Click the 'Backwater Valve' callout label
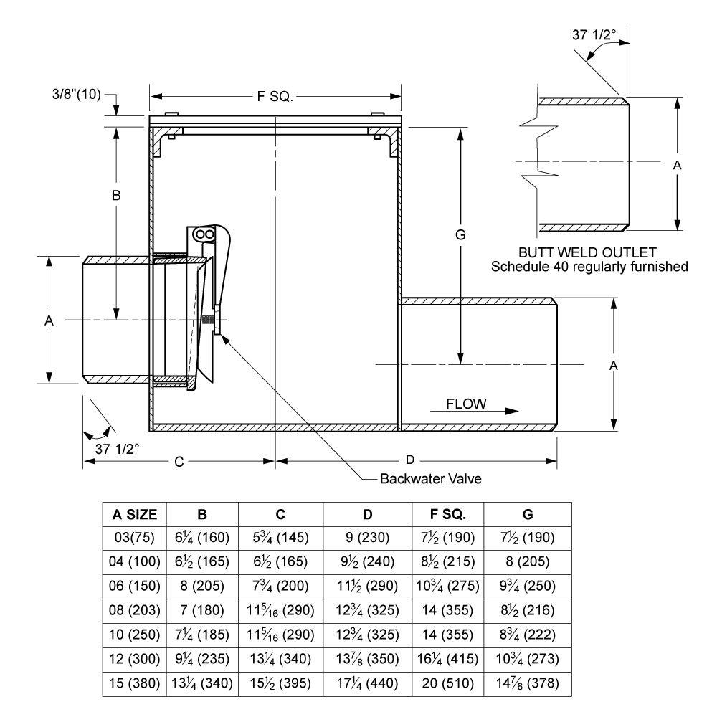coord(431,479)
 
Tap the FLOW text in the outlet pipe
coord(466,404)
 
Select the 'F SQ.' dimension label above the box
coord(275,97)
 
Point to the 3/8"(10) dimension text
coord(77,94)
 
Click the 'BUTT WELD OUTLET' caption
coord(587,252)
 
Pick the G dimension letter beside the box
coord(460,235)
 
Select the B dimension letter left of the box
coord(116,196)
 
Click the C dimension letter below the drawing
coord(179,462)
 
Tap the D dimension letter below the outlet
coord(410,460)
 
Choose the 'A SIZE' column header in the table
coord(135,514)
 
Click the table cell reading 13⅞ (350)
coord(368,659)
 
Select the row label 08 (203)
coord(135,610)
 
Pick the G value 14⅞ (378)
coord(528,683)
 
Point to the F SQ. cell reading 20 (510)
coord(447,683)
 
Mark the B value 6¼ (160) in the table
coord(202,537)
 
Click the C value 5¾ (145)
coord(281,537)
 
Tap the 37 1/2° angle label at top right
coord(594,34)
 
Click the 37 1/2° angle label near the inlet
coord(117,449)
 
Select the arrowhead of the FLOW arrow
coord(512,411)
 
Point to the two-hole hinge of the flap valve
coord(204,234)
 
